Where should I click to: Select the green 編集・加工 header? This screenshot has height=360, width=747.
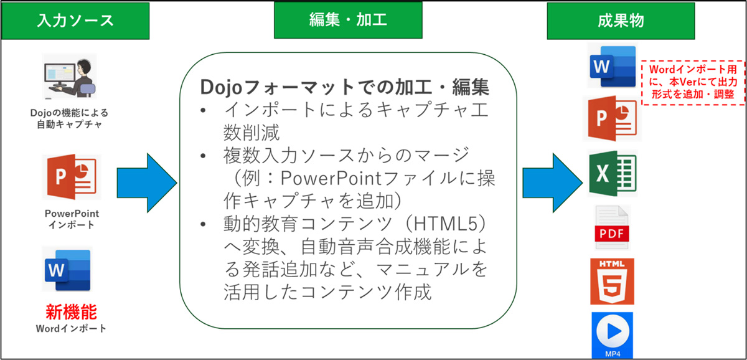[x=348, y=21]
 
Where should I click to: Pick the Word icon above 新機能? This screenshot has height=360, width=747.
[x=67, y=270]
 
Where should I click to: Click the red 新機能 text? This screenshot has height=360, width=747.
[x=70, y=311]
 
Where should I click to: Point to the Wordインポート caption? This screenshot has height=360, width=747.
[x=70, y=328]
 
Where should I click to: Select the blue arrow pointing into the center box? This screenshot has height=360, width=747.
[x=146, y=182]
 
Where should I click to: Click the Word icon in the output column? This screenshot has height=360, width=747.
[x=611, y=67]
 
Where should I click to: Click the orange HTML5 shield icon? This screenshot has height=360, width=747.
[x=612, y=281]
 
